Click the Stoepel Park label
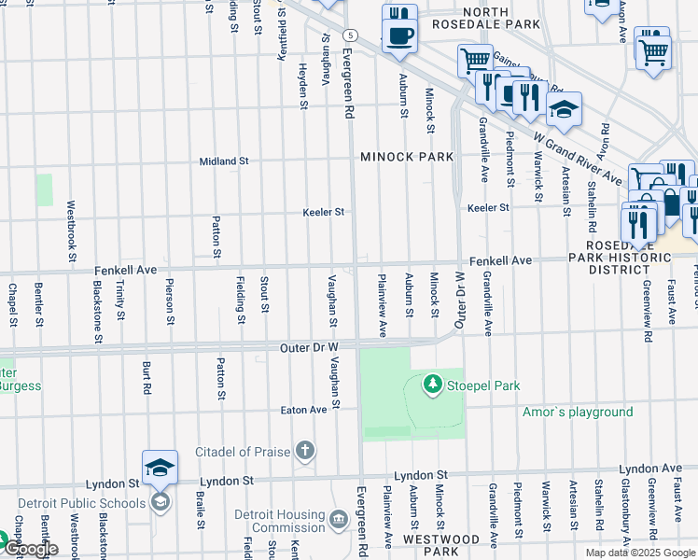482,385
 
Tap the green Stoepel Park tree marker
432,384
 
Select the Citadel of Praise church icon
304,453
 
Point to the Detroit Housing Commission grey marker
339,516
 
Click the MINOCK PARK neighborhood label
407,157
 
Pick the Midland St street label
224,161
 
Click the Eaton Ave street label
304,410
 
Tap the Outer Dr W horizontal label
308,347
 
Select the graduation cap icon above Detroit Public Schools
160,467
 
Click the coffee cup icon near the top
400,36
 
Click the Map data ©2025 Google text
639,553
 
